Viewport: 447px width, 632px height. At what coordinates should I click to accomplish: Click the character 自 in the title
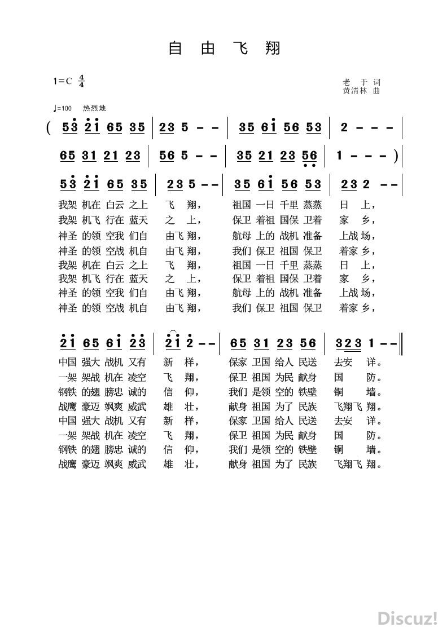pos(176,48)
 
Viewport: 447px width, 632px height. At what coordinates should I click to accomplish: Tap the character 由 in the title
pos(207,48)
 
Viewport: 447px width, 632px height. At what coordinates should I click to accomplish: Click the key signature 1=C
pos(63,81)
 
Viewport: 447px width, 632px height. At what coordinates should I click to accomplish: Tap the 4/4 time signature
pos(82,81)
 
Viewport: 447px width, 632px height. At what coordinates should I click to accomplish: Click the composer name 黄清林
pos(354,90)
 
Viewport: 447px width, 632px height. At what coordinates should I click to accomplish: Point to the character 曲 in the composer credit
pos(377,90)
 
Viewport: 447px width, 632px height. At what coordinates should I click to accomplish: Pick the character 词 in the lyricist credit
pos(377,82)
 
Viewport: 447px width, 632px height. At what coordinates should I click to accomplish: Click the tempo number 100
pos(66,108)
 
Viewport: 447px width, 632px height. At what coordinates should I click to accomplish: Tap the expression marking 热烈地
pos(94,108)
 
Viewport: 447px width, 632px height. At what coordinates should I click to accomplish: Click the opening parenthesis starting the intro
pos(50,128)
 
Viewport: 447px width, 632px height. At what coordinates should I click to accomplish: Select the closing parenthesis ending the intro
pos(397,156)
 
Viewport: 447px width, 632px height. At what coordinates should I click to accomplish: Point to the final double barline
pos(401,343)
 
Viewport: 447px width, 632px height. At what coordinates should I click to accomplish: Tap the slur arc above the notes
pos(173,332)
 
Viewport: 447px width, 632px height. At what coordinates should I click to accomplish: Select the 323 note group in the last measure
pos(348,343)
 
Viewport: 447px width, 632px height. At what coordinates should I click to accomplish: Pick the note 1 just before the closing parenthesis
pos(339,156)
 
